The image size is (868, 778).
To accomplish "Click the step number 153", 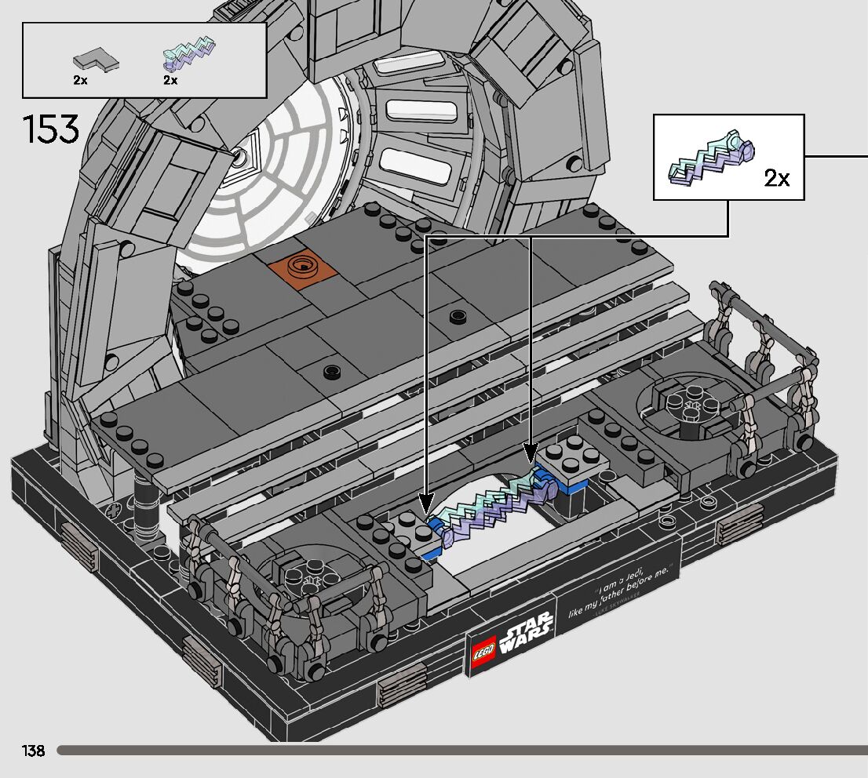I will coord(52,129).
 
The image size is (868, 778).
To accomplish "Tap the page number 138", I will coord(34,751).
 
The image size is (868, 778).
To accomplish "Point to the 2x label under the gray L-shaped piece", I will coord(80,80).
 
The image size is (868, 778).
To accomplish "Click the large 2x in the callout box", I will coord(776,179).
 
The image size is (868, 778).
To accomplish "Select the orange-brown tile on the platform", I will coord(303,267).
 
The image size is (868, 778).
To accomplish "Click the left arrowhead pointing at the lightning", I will coord(426,501).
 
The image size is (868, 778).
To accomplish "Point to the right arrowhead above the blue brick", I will coord(531,455).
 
